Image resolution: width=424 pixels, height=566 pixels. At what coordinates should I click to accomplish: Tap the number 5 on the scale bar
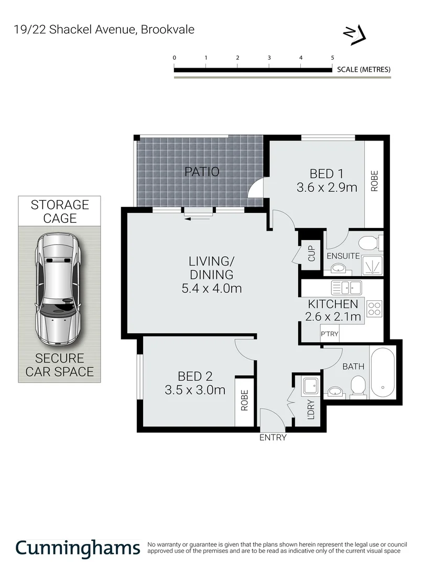332,58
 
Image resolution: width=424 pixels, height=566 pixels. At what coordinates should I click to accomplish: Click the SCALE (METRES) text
364,69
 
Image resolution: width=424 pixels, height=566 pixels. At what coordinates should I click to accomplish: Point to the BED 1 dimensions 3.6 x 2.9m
327,187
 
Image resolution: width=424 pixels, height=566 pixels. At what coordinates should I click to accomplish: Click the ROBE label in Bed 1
374,181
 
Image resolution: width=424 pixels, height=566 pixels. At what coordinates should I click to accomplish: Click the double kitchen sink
346,287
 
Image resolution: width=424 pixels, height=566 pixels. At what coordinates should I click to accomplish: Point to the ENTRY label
273,438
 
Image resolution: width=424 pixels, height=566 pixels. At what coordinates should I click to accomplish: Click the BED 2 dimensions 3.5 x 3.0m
194,390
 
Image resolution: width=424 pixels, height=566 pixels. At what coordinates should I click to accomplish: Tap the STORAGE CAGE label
60,211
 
